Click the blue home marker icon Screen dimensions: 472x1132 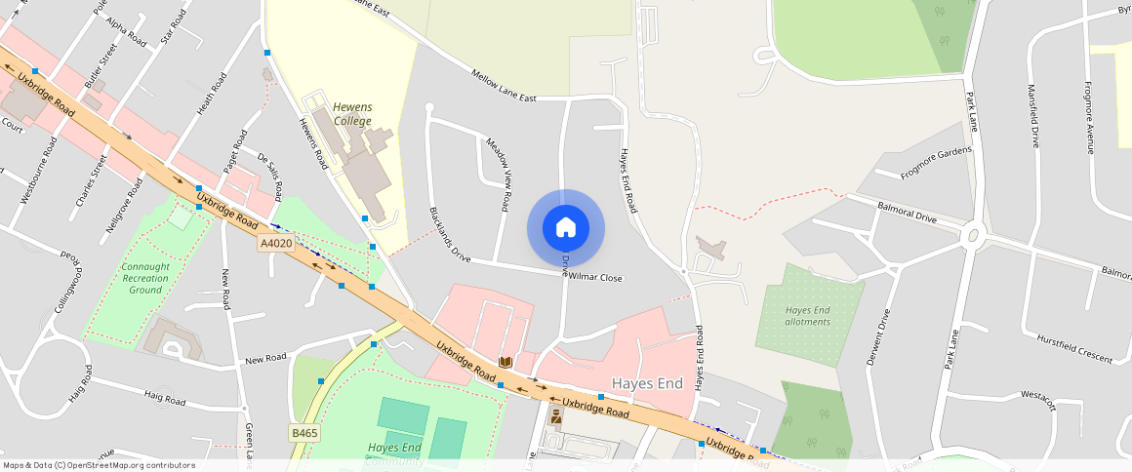tap(566, 228)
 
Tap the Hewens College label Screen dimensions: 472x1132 tap(352, 114)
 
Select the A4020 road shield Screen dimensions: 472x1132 tap(276, 244)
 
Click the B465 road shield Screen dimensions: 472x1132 tap(304, 432)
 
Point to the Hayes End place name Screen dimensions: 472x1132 tap(647, 383)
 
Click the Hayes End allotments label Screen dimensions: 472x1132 tap(808, 316)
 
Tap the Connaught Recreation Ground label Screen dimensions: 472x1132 tap(145, 278)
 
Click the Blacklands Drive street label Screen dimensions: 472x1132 tap(450, 235)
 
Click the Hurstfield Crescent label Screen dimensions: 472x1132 tap(1075, 351)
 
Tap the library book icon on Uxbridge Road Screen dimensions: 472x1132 tap(505, 362)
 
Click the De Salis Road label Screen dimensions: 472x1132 tap(270, 173)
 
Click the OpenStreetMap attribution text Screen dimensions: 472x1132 tap(99, 465)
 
